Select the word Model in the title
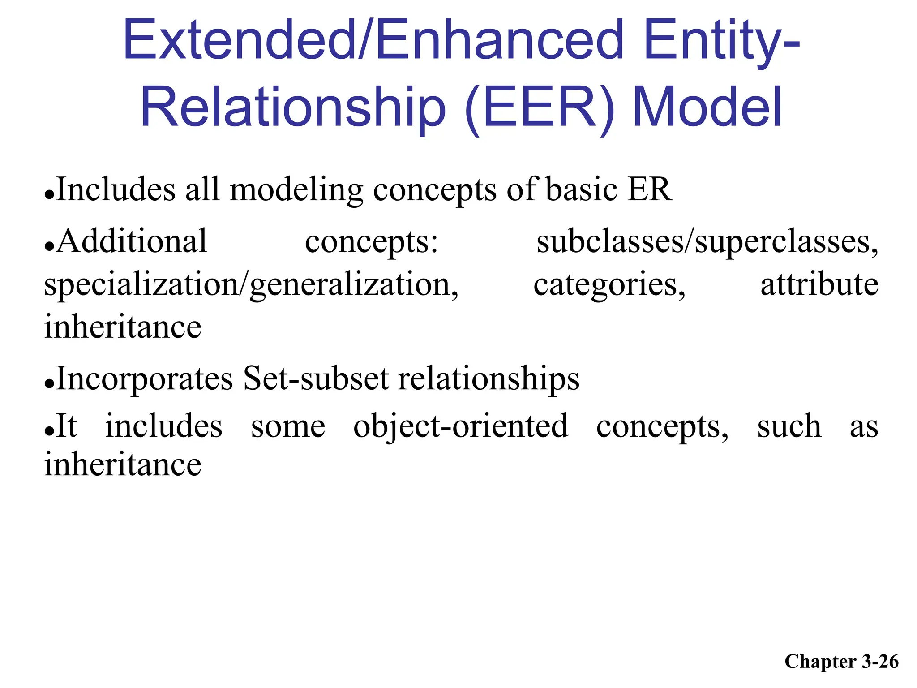(707, 107)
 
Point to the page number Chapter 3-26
(841, 662)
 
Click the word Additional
(132, 241)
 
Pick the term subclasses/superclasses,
(707, 242)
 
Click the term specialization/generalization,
(251, 285)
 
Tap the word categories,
(609, 285)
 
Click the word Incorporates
(145, 379)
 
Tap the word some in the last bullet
(288, 426)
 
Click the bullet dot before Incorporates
(49, 384)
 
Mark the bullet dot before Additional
(49, 247)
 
